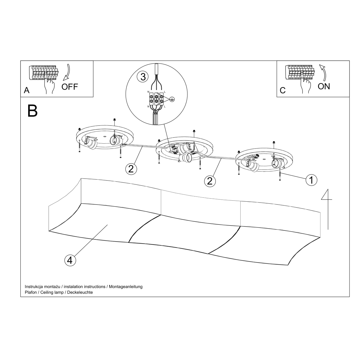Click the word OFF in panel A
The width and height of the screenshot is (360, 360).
(70, 87)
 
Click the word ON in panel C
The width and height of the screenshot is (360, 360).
(324, 86)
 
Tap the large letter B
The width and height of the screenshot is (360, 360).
(32, 111)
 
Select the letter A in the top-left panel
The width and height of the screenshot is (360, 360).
(27, 90)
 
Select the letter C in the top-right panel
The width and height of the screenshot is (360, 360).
(283, 90)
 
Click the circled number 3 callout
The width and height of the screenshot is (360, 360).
(143, 77)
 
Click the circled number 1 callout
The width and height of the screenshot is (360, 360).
(311, 180)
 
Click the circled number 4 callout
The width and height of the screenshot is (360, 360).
(70, 260)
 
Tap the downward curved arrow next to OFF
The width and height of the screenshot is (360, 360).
(67, 72)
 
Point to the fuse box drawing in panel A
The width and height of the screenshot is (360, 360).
(44, 73)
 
